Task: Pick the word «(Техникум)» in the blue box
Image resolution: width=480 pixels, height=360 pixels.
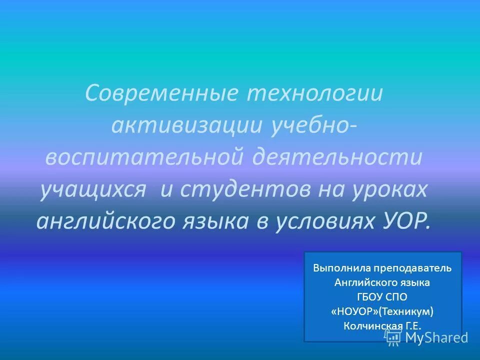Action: (x=406, y=311)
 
